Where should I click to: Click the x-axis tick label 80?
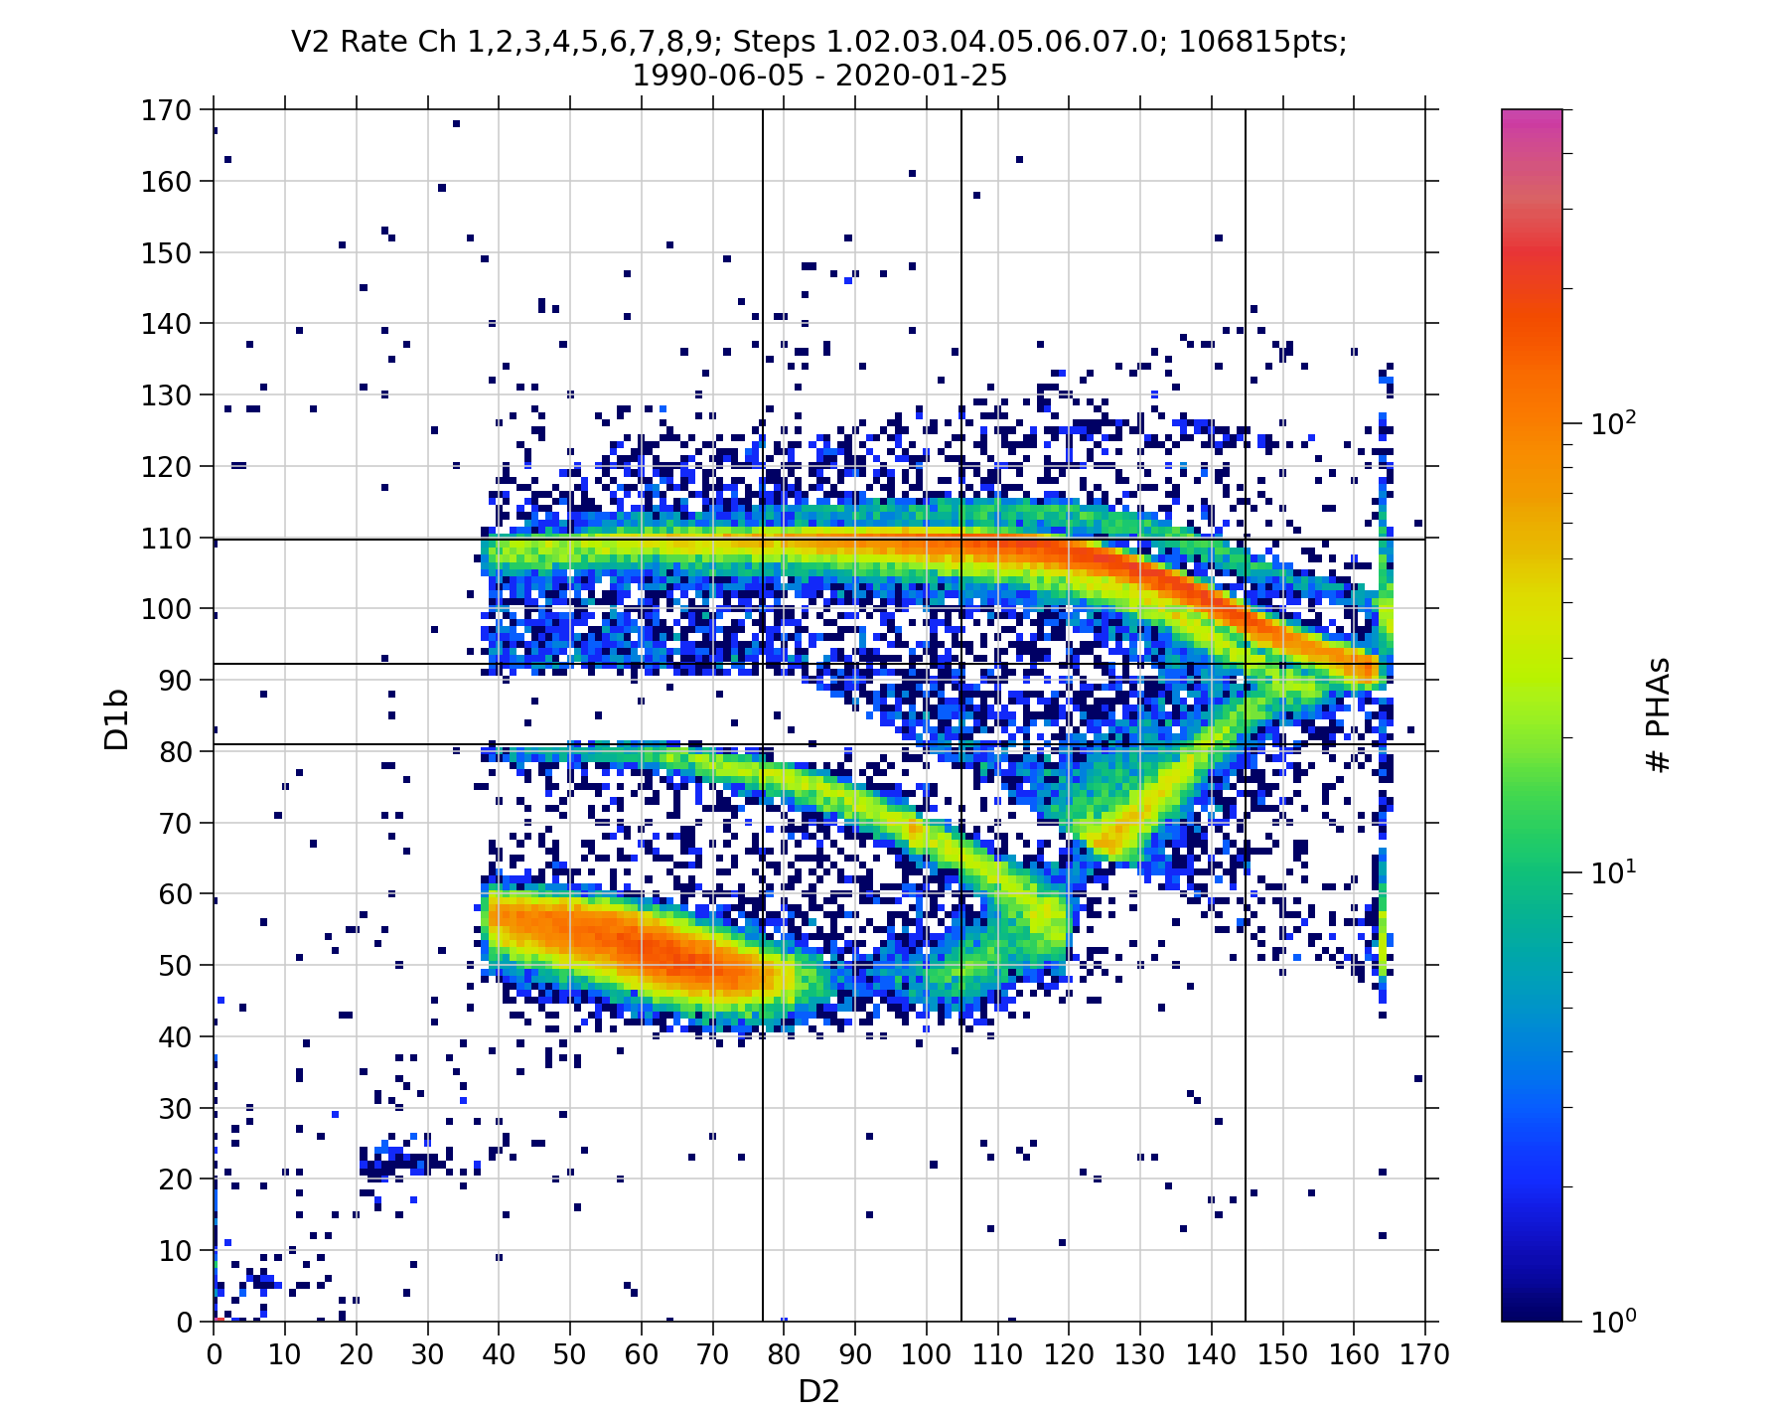pos(784,1354)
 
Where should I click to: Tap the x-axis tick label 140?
pos(1211,1354)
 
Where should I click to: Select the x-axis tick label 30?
pos(427,1354)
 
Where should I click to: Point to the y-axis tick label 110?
pos(166,538)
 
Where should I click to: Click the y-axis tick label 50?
pos(174,965)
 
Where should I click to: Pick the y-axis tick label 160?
pos(166,182)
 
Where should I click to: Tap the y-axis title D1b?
pos(117,718)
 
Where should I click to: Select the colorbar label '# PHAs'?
pos(1658,714)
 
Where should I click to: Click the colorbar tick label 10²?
pos(1613,424)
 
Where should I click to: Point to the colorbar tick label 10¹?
pos(1613,872)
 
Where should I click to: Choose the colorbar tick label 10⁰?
pos(1613,1321)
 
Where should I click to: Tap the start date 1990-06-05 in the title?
pos(717,76)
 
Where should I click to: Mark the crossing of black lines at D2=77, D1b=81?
pos(763,744)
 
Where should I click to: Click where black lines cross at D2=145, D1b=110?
pos(1246,540)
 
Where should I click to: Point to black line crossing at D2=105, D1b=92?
pos(961,664)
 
